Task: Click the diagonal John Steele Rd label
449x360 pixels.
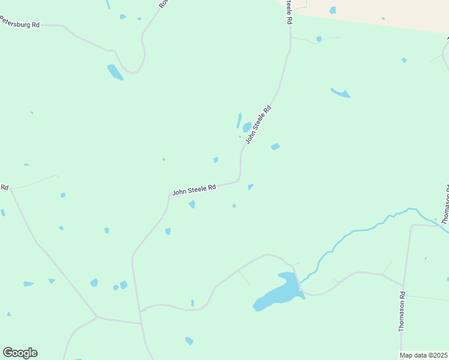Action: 259,125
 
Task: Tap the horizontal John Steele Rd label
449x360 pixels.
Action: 194,190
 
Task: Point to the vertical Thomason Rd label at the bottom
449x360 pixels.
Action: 402,312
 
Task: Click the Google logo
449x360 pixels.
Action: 20,353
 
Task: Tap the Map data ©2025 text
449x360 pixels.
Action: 424,355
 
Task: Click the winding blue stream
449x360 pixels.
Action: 360,230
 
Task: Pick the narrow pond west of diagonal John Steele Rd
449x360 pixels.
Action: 239,120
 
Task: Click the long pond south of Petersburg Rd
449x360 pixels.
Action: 115,72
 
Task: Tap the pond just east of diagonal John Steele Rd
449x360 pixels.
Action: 276,146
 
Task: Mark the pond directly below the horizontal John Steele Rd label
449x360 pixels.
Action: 192,205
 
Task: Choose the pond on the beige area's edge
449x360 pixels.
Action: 333,10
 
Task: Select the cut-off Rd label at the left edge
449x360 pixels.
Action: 4,187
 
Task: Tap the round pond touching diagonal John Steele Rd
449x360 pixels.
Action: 247,127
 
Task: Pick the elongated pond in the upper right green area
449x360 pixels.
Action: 340,92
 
